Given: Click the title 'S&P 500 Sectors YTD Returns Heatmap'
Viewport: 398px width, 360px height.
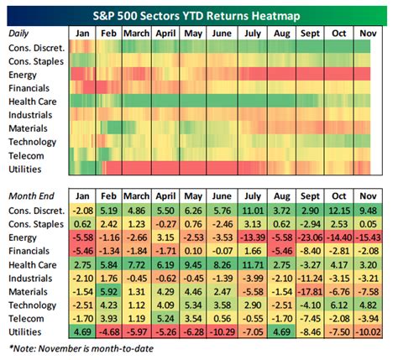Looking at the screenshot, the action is pyautogui.click(x=196, y=16).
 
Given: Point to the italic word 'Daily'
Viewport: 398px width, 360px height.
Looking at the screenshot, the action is pyautogui.click(x=18, y=34).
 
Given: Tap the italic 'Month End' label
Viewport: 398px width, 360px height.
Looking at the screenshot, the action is pyautogui.click(x=31, y=196).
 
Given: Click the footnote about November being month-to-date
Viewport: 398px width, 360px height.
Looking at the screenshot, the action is pyautogui.click(x=81, y=348).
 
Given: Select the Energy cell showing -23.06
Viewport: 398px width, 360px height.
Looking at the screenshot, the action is pyautogui.click(x=310, y=237).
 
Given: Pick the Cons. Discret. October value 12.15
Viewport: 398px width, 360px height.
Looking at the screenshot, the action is pyautogui.click(x=338, y=211).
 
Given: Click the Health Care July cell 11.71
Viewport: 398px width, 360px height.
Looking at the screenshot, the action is pyautogui.click(x=253, y=265).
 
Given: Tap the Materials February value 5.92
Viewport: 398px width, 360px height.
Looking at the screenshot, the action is pyautogui.click(x=108, y=292).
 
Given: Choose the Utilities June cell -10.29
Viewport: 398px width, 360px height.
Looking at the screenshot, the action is pyautogui.click(x=222, y=332).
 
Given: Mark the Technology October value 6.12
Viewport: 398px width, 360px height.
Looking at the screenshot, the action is pyautogui.click(x=338, y=305).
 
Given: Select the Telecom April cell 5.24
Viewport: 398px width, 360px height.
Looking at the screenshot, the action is pyautogui.click(x=165, y=319).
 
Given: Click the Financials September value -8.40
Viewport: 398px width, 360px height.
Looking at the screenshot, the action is pyautogui.click(x=310, y=251).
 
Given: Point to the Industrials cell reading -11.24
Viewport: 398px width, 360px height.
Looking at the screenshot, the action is pyautogui.click(x=310, y=279).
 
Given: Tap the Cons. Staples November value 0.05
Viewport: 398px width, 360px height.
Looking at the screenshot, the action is pyautogui.click(x=368, y=224).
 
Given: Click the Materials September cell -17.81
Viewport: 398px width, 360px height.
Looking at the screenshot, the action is pyautogui.click(x=310, y=292).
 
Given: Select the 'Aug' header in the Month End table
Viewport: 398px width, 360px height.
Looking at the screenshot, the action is pyautogui.click(x=281, y=196).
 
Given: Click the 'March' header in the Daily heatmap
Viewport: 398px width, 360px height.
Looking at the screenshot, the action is pyautogui.click(x=137, y=34).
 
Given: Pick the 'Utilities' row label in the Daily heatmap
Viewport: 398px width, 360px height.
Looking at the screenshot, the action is pyautogui.click(x=25, y=170).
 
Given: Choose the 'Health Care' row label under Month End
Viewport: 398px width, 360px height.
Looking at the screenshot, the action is pyautogui.click(x=33, y=265).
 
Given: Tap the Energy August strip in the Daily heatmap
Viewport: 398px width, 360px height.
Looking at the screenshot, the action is pyautogui.click(x=281, y=74).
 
